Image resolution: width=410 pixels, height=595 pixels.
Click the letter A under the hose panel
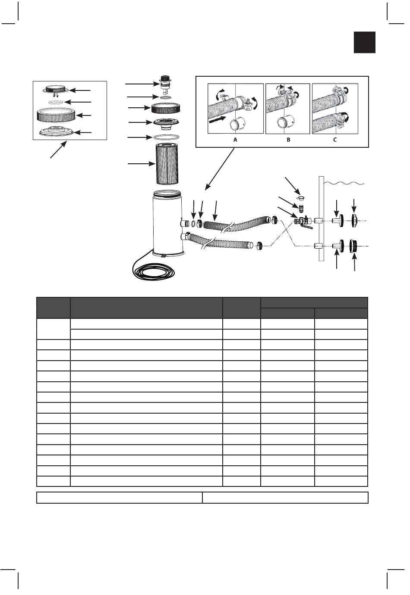[x=235, y=140]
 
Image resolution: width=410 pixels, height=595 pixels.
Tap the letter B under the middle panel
[x=288, y=140]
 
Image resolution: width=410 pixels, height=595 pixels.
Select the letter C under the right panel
[x=335, y=140]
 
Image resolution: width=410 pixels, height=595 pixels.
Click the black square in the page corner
[x=365, y=43]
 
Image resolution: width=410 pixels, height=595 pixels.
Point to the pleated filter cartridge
[x=169, y=164]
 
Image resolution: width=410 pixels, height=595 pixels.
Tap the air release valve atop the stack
[x=164, y=82]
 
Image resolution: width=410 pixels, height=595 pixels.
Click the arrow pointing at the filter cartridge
[x=140, y=164]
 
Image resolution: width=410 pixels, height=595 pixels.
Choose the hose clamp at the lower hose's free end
[x=259, y=245]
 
